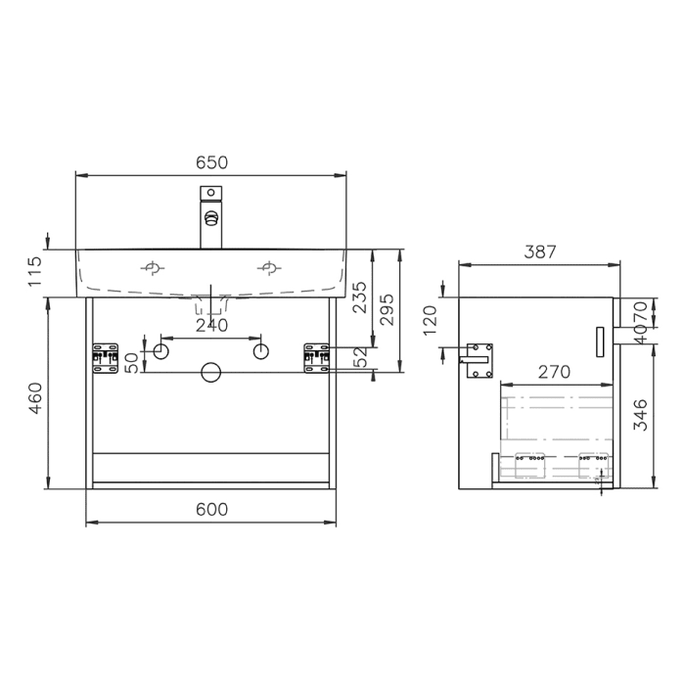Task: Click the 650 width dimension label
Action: pos(211,162)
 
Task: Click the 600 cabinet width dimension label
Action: pos(211,509)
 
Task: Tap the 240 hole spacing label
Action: pos(211,325)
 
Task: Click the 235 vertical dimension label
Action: pos(359,297)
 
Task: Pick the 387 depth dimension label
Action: pos(539,251)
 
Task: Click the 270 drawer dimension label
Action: pos(555,372)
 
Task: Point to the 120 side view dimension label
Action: pos(432,319)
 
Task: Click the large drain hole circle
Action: pos(210,372)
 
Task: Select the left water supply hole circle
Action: pos(162,349)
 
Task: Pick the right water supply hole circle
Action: pos(260,349)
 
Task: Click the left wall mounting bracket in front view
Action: pos(105,357)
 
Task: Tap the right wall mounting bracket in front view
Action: pos(317,357)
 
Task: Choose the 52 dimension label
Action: pos(359,357)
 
